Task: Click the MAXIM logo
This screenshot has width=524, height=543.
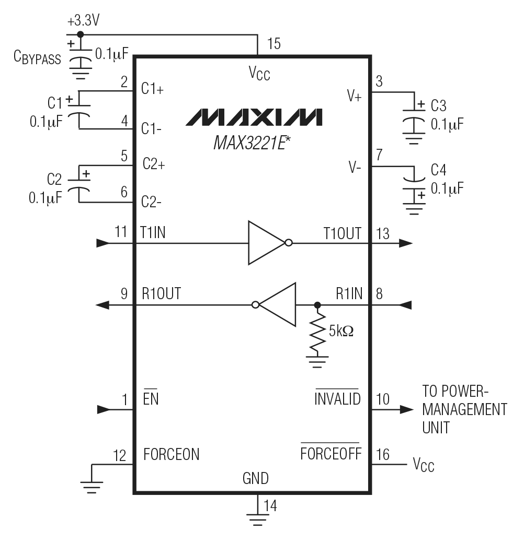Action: tap(254, 117)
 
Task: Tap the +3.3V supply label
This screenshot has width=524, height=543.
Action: tap(83, 22)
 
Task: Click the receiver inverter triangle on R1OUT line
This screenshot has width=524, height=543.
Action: tap(278, 304)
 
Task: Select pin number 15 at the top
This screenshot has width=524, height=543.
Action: tap(274, 44)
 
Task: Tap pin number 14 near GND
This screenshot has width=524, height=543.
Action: tap(270, 505)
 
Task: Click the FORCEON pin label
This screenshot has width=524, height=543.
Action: tap(172, 454)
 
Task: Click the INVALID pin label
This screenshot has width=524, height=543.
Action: tap(337, 399)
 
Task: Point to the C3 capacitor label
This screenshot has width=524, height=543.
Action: tap(438, 106)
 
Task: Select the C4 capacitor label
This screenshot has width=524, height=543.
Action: tap(438, 170)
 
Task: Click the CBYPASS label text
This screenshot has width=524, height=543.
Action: tap(37, 58)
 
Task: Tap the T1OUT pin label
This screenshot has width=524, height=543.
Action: tap(342, 233)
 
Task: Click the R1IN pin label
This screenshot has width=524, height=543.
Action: tap(349, 294)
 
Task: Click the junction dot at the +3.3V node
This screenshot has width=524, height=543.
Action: tap(79, 34)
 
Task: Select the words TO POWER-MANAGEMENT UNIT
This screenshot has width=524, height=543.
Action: tap(464, 410)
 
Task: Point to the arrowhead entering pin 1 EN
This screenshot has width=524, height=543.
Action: tap(104, 409)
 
